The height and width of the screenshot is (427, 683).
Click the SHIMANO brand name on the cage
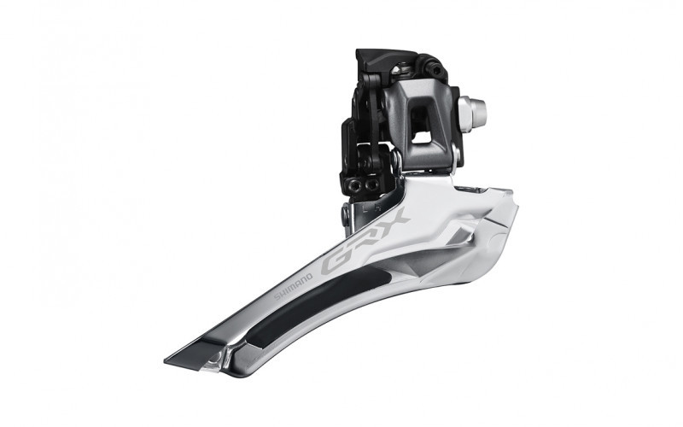[293, 287]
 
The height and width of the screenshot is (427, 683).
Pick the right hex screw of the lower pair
[371, 184]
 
